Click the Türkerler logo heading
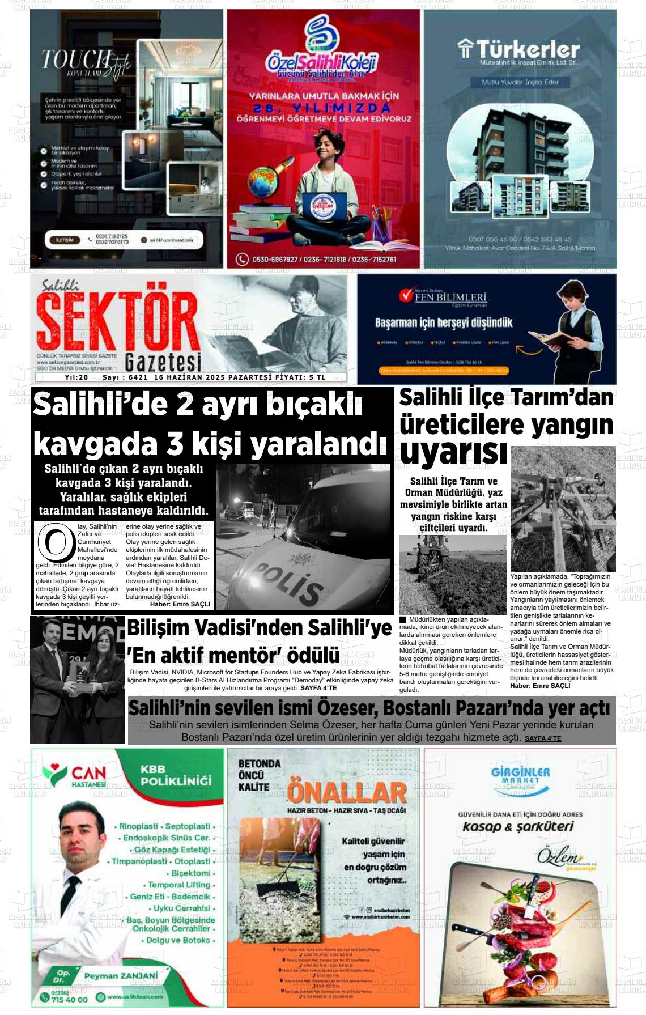tap(520, 50)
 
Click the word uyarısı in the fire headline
tap(453, 452)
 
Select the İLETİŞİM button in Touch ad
tap(65, 240)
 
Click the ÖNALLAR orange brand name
tap(347, 793)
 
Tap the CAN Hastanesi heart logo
tap(55, 775)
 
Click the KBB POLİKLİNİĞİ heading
tap(176, 775)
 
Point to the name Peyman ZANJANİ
tap(121, 976)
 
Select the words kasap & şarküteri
tap(518, 827)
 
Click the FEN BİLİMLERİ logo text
tap(450, 297)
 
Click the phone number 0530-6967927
tap(276, 260)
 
